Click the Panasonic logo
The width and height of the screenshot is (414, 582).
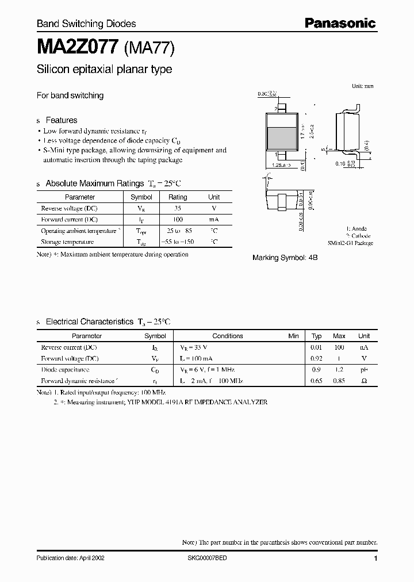(x=340, y=24)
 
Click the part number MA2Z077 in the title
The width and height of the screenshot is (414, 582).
(x=78, y=47)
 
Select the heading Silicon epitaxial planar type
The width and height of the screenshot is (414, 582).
(x=104, y=70)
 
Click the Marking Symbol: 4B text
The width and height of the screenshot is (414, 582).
(x=285, y=258)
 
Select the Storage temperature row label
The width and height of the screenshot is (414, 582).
(x=67, y=242)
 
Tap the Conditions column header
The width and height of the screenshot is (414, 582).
(x=228, y=336)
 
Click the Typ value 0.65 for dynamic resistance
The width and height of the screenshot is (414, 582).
(x=316, y=381)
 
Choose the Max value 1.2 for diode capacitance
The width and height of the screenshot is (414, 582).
(x=339, y=370)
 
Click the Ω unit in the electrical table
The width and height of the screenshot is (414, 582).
(x=363, y=381)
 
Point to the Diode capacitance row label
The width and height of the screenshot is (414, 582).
(x=65, y=370)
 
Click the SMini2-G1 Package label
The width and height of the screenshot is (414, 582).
(x=351, y=243)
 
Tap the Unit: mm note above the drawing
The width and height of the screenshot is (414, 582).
(x=362, y=86)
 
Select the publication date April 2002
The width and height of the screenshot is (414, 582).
(x=70, y=558)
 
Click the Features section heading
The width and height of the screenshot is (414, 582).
(x=61, y=120)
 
